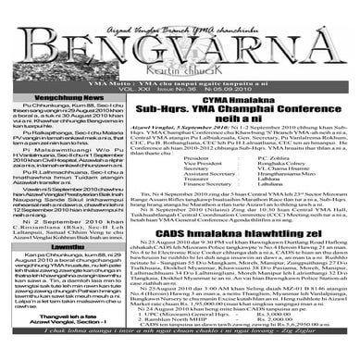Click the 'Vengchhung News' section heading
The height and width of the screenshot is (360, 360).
(60, 95)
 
